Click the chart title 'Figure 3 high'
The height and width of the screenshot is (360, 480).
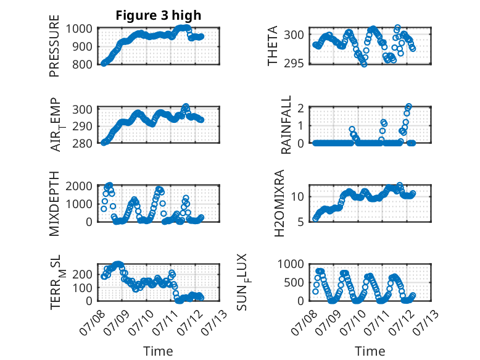click(159, 15)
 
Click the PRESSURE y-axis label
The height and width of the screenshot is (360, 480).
click(54, 46)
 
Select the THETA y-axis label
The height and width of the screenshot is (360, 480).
click(272, 46)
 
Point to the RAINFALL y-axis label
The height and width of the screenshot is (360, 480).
click(286, 125)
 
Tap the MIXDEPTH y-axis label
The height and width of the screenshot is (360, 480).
click(54, 203)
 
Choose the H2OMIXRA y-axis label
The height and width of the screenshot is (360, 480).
click(279, 203)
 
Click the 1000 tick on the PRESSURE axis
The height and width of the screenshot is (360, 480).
click(79, 29)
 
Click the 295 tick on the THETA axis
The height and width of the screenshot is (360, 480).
click(294, 64)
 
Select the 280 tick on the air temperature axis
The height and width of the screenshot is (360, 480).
click(82, 143)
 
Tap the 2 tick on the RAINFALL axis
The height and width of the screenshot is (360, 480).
click(300, 108)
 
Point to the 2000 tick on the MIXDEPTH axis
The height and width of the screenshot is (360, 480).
click(79, 186)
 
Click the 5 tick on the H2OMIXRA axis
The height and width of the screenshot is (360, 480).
click(300, 222)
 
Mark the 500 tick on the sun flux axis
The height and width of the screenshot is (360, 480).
click(294, 282)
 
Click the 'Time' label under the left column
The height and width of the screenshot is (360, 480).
click(158, 351)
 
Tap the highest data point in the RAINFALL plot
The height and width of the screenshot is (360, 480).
click(408, 106)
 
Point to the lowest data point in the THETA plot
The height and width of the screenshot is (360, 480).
click(363, 64)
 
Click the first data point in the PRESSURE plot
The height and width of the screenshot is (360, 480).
click(104, 64)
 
